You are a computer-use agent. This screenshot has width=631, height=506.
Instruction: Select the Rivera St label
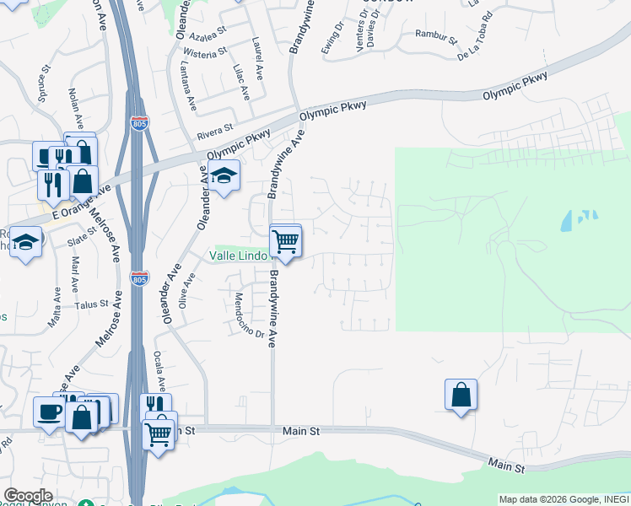pyautogui.click(x=214, y=131)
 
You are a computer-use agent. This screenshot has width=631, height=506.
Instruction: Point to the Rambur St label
pyautogui.click(x=435, y=36)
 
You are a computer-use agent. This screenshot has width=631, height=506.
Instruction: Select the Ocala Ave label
pyautogui.click(x=159, y=371)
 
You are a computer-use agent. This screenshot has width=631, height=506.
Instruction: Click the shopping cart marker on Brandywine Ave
pyautogui.click(x=286, y=242)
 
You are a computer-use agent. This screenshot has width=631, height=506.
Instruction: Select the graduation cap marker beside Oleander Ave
pyautogui.click(x=224, y=176)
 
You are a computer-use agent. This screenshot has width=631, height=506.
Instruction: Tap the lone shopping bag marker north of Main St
pyautogui.click(x=461, y=395)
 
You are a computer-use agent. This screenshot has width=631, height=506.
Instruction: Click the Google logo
pyautogui.click(x=28, y=496)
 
